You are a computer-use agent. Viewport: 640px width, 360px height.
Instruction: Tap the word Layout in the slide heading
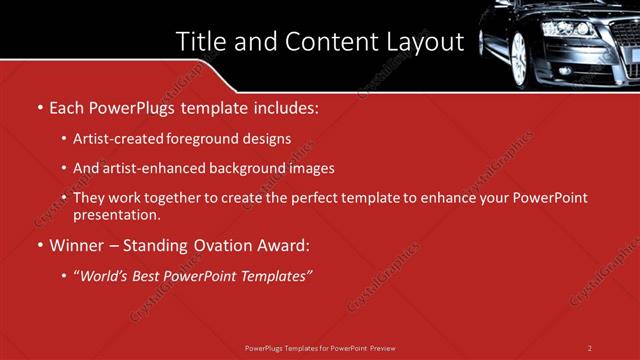(424, 42)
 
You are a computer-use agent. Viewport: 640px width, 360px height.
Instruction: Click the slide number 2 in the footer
(590, 347)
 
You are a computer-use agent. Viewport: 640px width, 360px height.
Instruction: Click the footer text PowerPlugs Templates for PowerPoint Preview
(320, 347)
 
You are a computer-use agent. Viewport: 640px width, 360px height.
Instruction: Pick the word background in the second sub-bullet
(246, 168)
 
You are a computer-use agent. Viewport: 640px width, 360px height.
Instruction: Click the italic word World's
(105, 274)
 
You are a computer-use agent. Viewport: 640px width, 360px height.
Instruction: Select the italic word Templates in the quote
(278, 274)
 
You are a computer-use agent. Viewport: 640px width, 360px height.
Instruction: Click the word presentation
(116, 214)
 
